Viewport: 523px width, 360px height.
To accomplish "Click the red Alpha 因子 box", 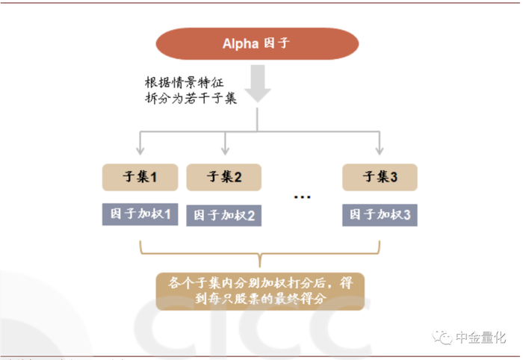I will [257, 43].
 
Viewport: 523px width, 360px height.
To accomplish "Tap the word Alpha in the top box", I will [241, 43].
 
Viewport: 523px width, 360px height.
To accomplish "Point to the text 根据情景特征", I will [186, 82].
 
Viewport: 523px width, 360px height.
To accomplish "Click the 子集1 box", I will [140, 177].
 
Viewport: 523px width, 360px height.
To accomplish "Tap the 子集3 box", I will [380, 177].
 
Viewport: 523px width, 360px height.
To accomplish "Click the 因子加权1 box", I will [140, 215].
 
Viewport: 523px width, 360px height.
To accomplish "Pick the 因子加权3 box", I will [380, 215].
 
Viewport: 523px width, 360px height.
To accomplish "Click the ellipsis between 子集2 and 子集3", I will [302, 197].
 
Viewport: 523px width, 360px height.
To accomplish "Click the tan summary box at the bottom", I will [260, 291].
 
